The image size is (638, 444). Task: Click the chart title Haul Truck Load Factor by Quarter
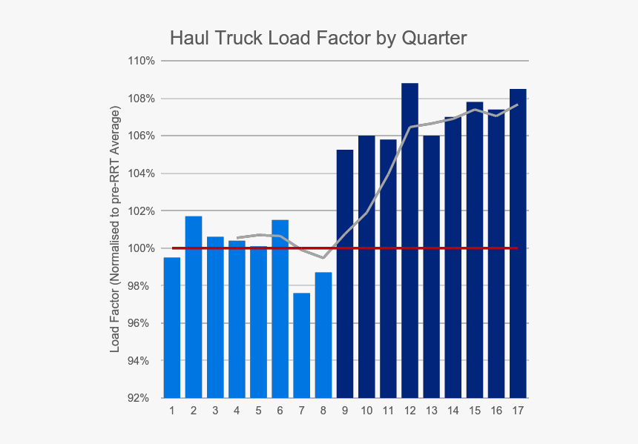(318, 38)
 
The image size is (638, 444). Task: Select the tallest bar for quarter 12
(410, 241)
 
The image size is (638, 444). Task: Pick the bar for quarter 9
(344, 274)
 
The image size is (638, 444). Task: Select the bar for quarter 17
(518, 244)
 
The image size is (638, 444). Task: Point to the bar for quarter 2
(193, 307)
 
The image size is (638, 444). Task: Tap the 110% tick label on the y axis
(141, 61)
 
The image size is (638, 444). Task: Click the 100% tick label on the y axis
(141, 248)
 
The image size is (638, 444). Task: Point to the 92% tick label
(143, 399)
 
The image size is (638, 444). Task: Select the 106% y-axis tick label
(141, 136)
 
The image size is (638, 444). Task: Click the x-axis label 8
(323, 411)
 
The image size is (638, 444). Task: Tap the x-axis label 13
(431, 411)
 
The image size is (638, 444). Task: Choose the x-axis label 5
(258, 411)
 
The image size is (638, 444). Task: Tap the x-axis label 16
(496, 411)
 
